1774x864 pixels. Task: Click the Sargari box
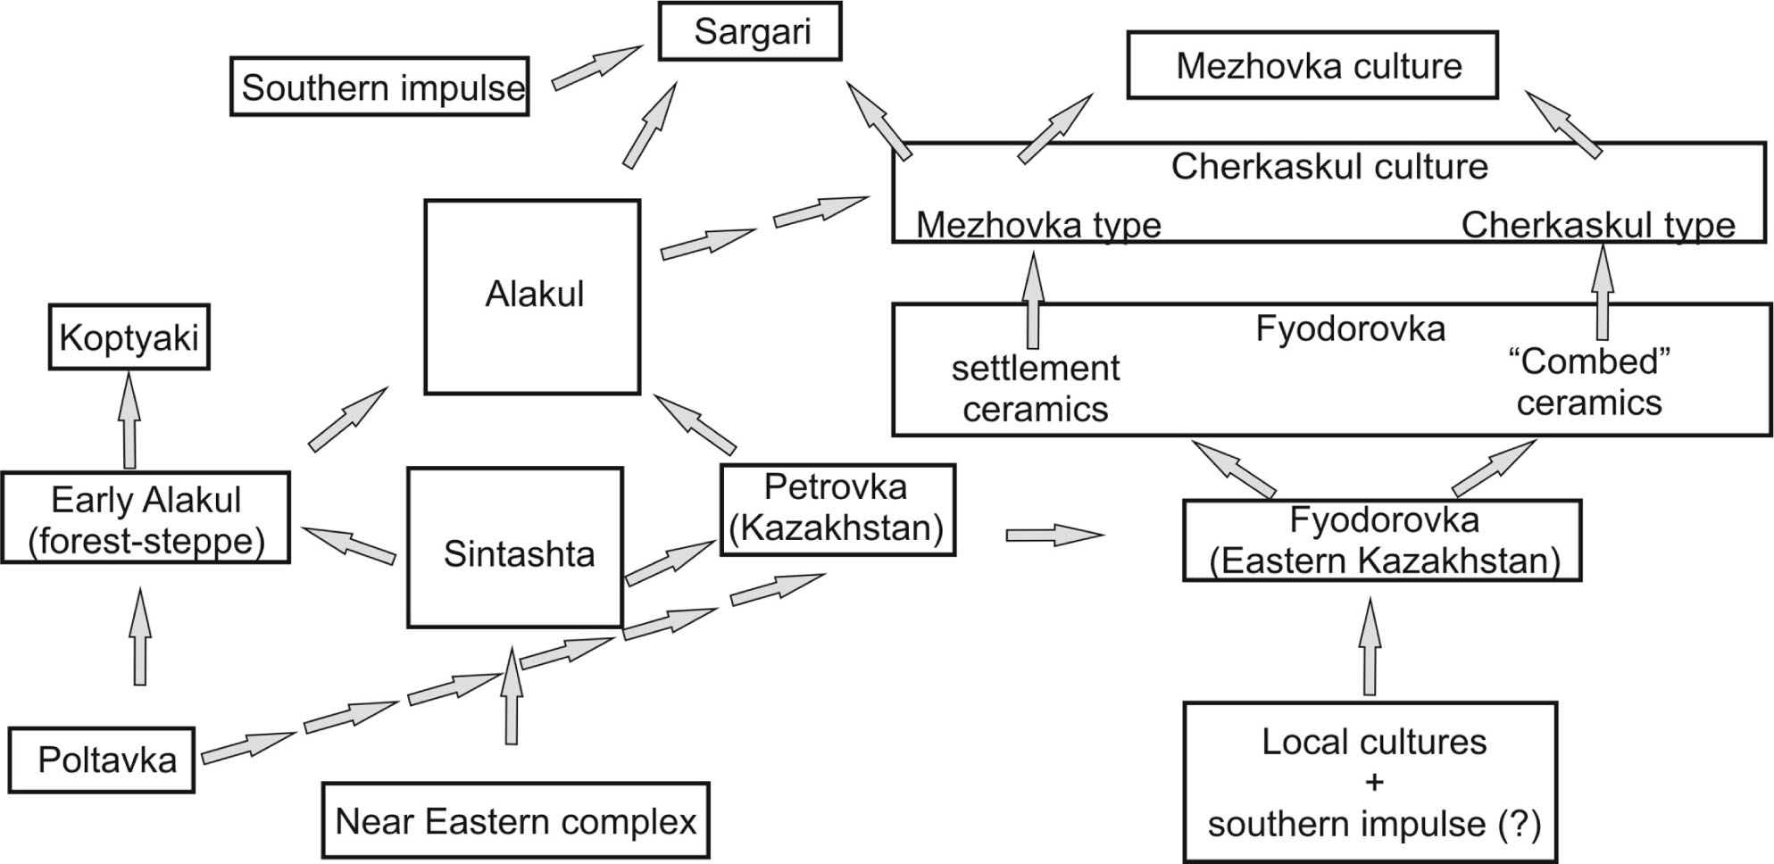pos(750,31)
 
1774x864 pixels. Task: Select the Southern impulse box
pos(379,87)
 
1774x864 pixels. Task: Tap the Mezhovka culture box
pos(1312,65)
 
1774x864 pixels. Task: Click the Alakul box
pos(533,295)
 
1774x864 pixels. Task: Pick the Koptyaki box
pos(129,337)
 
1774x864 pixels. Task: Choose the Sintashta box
pos(515,548)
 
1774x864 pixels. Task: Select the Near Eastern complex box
pos(515,820)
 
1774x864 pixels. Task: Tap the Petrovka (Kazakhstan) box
pos(837,509)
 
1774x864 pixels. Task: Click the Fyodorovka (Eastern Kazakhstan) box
pos(1382,541)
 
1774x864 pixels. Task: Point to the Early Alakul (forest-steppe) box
pos(146,519)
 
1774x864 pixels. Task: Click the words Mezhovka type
pos(1038,225)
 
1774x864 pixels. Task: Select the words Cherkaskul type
pos(1598,225)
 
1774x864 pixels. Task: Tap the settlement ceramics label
pos(1035,389)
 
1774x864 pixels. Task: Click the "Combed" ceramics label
pos(1589,383)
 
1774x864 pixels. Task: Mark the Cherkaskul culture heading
pos(1329,167)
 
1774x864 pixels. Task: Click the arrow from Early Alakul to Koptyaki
pos(129,420)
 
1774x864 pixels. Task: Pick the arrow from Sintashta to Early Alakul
pos(348,544)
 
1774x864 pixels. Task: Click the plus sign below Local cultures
pos(1374,783)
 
